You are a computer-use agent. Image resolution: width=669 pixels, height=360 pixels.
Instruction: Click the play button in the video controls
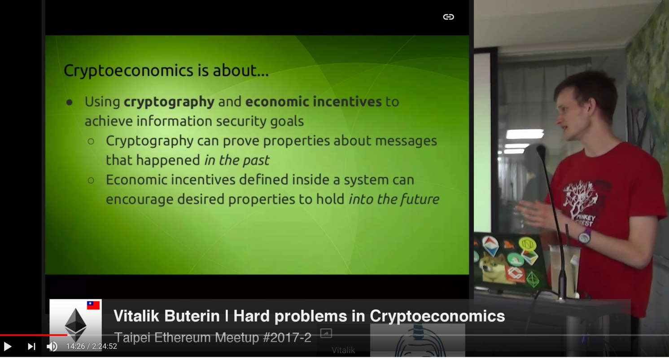coord(8,347)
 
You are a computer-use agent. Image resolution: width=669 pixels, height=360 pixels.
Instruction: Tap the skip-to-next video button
coord(32,347)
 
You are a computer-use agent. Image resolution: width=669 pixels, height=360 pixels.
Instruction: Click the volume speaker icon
coord(52,347)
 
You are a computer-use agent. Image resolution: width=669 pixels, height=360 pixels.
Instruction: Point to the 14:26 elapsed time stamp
coord(75,346)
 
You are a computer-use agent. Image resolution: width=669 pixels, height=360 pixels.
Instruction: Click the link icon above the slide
coord(448,17)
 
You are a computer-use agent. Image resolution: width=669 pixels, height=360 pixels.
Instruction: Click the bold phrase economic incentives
coord(313,101)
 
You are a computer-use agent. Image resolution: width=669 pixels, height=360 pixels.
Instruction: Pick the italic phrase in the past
coord(237,160)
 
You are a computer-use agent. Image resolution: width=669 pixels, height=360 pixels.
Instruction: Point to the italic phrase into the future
coord(394,199)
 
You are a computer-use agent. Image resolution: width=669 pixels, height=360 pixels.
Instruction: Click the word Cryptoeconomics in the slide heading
coord(128,70)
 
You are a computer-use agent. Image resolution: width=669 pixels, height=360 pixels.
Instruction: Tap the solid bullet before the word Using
coord(69,102)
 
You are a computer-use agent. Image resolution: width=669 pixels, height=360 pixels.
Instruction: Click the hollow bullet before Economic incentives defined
coord(91,180)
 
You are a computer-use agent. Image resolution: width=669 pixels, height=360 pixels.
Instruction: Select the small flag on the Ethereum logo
coord(93,305)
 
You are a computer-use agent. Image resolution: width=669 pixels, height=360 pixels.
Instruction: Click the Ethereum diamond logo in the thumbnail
coord(75,325)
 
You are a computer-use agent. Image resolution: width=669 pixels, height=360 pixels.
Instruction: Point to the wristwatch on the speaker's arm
coord(585,236)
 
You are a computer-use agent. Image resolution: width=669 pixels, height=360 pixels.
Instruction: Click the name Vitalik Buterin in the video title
coord(166,316)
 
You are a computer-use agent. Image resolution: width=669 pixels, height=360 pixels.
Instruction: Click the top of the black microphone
coord(541,149)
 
